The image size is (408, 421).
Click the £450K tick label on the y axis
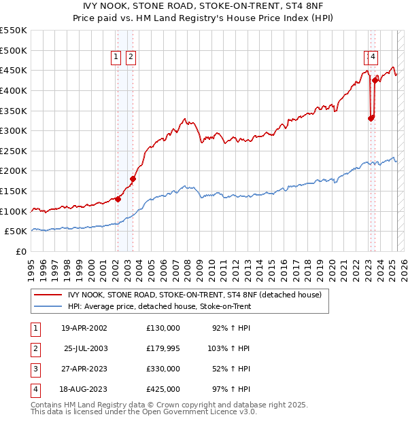point(14,70)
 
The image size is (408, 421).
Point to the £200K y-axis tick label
point(14,170)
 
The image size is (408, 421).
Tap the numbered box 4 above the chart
point(374,58)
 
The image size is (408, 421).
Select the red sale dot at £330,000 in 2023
point(371,118)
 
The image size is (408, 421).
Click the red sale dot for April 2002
point(118,199)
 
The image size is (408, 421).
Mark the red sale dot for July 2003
point(133,179)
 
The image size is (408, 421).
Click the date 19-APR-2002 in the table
point(84,329)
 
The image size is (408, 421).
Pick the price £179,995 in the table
point(163,349)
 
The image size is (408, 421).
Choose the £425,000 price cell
point(163,390)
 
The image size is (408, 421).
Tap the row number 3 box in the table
point(35,369)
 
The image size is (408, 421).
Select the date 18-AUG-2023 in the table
point(84,390)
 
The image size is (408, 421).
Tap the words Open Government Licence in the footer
point(194,412)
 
